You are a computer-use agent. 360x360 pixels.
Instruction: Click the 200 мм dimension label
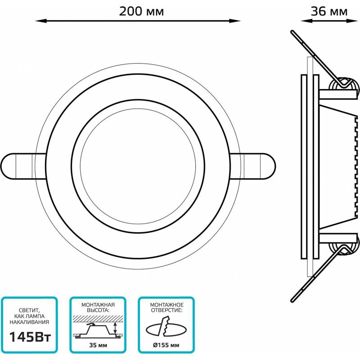pyautogui.click(x=141, y=11)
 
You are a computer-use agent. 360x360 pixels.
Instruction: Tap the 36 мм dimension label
pyautogui.click(x=329, y=11)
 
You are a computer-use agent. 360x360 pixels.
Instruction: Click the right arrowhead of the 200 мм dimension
pyautogui.click(x=234, y=21)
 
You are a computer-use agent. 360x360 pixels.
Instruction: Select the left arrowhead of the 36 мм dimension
pyautogui.click(x=306, y=21)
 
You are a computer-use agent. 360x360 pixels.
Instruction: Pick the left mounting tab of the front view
pyautogui.click(x=23, y=166)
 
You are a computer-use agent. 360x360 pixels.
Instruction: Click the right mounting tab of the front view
pyautogui.click(x=252, y=166)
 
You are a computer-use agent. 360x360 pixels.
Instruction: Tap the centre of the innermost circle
pyautogui.click(x=138, y=166)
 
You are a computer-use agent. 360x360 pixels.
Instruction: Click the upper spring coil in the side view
pyautogui.click(x=344, y=86)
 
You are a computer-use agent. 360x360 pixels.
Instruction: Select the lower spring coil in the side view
pyautogui.click(x=344, y=246)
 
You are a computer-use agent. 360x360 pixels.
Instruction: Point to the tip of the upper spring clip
pyautogui.click(x=292, y=31)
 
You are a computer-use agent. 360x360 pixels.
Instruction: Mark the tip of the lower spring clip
pyautogui.click(x=292, y=301)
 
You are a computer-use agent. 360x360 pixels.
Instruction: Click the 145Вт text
pyautogui.click(x=30, y=337)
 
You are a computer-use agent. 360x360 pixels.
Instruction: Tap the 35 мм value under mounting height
pyautogui.click(x=98, y=345)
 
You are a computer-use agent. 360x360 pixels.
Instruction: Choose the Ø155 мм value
pyautogui.click(x=166, y=345)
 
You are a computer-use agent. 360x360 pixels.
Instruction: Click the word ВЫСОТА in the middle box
pyautogui.click(x=98, y=310)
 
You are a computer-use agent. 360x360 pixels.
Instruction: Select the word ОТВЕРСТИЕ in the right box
pyautogui.click(x=167, y=310)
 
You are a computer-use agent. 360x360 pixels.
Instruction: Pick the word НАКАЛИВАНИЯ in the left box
pyautogui.click(x=29, y=322)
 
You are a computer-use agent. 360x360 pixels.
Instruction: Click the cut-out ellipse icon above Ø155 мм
pyautogui.click(x=166, y=327)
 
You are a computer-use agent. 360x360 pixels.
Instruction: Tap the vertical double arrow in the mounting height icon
pyautogui.click(x=115, y=328)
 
